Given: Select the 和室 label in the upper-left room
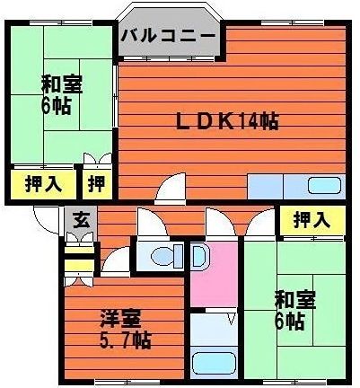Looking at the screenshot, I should click(61, 85).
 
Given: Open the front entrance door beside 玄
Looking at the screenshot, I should click(45, 219).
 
